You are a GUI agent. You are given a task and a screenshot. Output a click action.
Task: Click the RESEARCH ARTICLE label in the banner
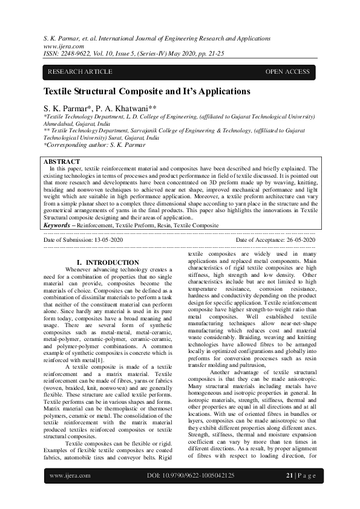click(80, 72)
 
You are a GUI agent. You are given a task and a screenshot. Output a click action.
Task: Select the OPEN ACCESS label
click(287, 72)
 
